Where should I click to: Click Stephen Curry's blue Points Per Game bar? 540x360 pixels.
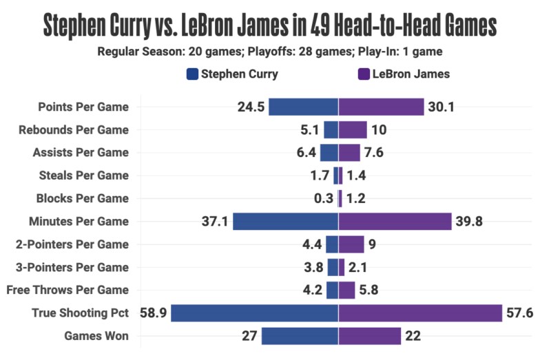[x=303, y=107]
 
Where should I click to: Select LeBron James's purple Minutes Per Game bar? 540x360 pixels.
[x=395, y=222]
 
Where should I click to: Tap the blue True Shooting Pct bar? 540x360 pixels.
[x=254, y=313]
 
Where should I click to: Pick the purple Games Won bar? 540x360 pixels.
[x=370, y=336]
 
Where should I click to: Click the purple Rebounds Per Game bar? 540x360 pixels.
[x=353, y=129]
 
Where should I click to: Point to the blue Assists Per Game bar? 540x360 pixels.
[x=329, y=153]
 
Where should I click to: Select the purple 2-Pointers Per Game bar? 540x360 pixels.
[x=351, y=244]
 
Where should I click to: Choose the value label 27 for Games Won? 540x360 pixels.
[x=249, y=336]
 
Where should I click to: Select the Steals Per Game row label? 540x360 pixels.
[x=83, y=176]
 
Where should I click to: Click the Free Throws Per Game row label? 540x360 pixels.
[x=68, y=290]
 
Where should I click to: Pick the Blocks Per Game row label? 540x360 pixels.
[x=82, y=198]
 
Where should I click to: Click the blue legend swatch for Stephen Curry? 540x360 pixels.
[x=192, y=74]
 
